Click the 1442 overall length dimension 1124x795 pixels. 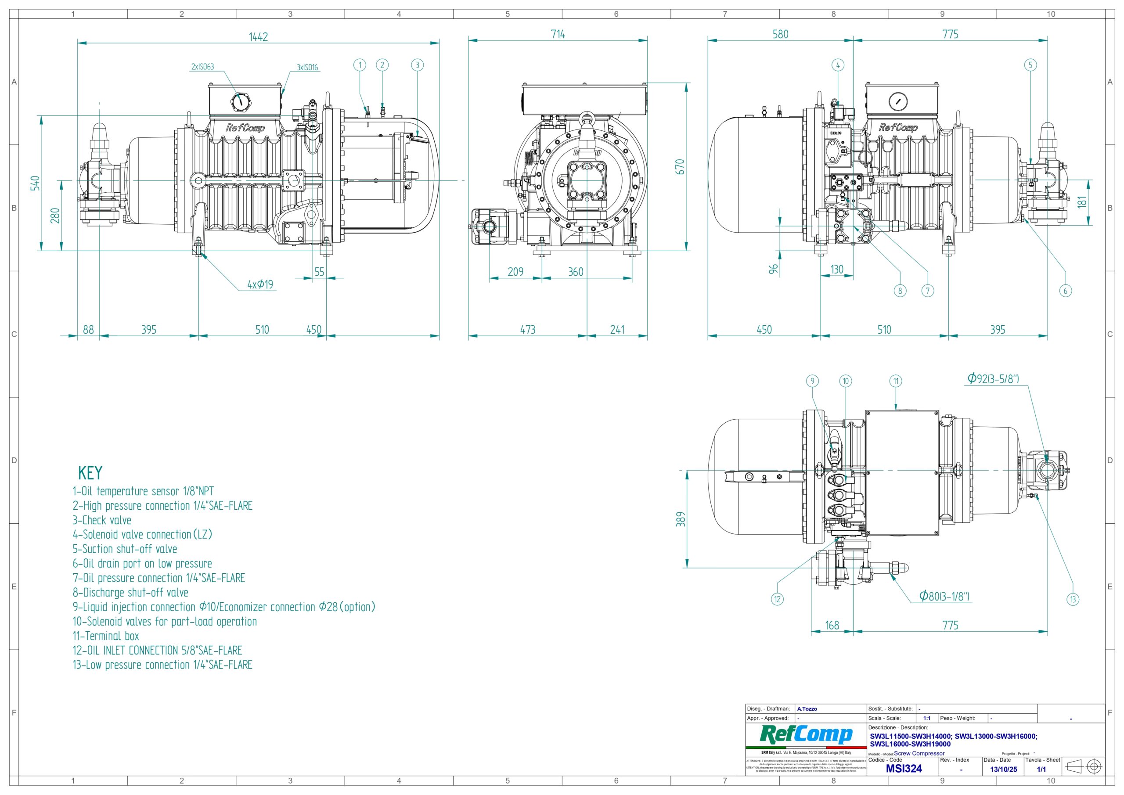258,37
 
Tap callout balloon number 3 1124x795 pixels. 417,65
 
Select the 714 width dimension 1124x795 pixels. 558,34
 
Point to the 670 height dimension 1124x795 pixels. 680,167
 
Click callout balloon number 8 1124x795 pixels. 900,291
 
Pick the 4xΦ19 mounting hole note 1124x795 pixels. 260,284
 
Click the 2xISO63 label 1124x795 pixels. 202,67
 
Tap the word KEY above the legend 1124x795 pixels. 90,473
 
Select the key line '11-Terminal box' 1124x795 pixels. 106,636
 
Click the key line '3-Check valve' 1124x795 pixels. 102,520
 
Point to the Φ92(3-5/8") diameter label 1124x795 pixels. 993,378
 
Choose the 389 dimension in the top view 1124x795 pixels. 681,519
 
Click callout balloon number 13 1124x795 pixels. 1073,599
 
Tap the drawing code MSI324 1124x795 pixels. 904,769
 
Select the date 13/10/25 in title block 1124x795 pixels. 1003,769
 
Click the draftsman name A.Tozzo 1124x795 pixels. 807,709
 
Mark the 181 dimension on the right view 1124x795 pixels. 1081,201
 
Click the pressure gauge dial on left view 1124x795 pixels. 240,102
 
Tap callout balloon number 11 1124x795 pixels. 896,381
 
